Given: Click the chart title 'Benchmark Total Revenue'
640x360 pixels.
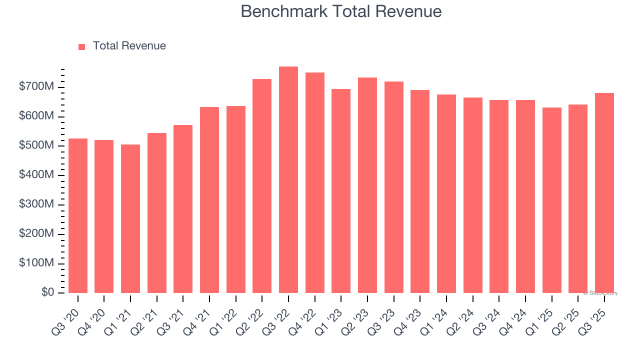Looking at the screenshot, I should click(x=341, y=11).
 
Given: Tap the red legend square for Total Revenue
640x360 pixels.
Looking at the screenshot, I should click(x=82, y=46).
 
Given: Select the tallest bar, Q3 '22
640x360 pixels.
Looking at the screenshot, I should click(x=288, y=180).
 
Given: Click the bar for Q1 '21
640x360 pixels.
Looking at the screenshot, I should click(x=130, y=218).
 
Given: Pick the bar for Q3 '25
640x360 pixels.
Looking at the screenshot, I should click(x=604, y=192).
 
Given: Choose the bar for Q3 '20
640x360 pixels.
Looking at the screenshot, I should click(x=78, y=215).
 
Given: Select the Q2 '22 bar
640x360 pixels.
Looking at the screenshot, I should click(x=262, y=186).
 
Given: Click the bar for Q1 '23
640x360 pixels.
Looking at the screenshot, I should click(x=341, y=191).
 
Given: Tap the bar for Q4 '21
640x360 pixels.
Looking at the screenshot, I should click(x=209, y=200).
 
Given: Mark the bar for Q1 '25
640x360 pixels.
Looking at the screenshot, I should click(x=551, y=200).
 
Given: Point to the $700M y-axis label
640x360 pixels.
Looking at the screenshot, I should click(x=36, y=87).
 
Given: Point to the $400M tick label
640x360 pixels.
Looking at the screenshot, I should click(x=36, y=175).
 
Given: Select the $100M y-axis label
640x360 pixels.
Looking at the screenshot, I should click(x=36, y=263).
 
